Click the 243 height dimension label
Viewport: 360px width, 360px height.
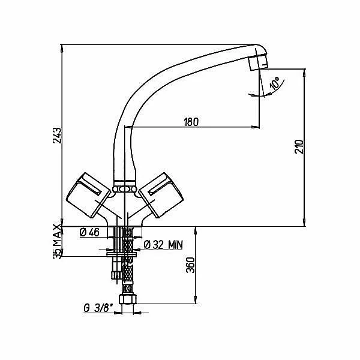pos(57,136)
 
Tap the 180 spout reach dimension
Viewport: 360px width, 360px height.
pos(191,122)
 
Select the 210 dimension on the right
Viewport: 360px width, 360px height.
pos(299,146)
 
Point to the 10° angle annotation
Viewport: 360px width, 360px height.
pos(275,83)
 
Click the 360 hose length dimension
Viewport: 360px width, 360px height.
pos(190,265)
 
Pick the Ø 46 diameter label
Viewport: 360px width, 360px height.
pos(89,233)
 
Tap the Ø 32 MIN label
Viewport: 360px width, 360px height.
pos(163,245)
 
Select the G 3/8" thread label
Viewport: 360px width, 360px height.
pos(99,308)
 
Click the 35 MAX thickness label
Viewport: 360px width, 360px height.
pos(57,242)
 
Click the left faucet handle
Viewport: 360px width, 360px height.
pos(88,195)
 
